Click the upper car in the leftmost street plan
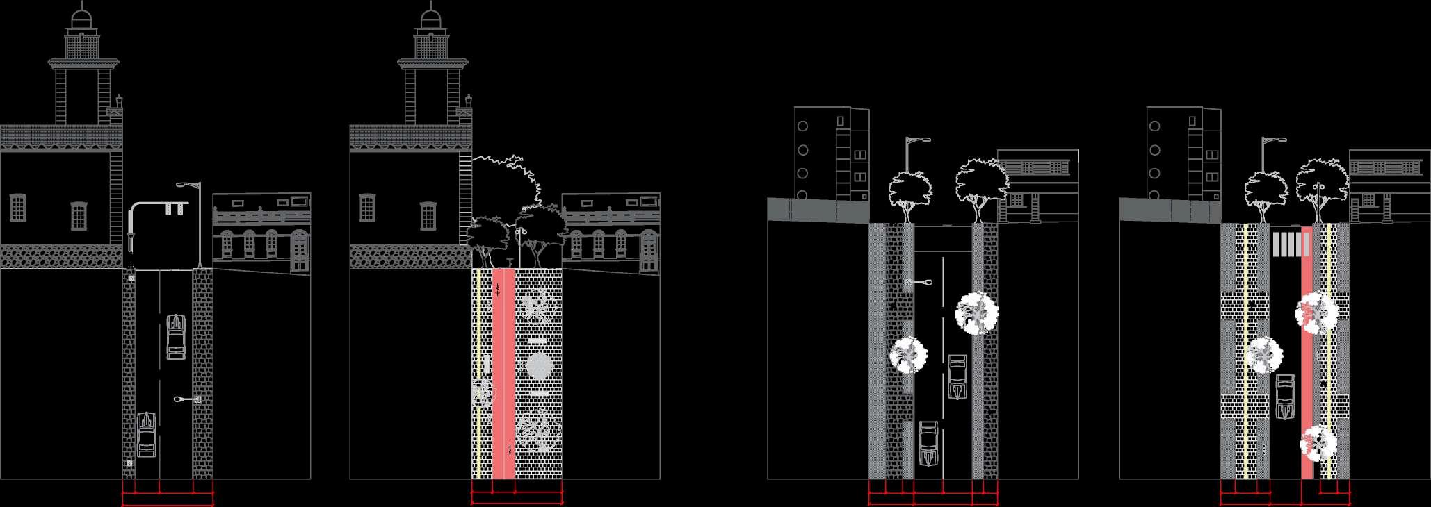pyautogui.click(x=176, y=337)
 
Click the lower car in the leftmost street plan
pyautogui.click(x=147, y=435)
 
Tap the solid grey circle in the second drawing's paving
pyautogui.click(x=538, y=366)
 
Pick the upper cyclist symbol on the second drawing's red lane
pyautogui.click(x=497, y=291)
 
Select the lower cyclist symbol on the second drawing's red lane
pyautogui.click(x=510, y=449)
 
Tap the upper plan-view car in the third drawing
pyautogui.click(x=957, y=377)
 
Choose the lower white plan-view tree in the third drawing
pyautogui.click(x=908, y=356)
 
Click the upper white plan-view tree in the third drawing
pyautogui.click(x=977, y=313)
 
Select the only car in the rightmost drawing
pyautogui.click(x=1286, y=396)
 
